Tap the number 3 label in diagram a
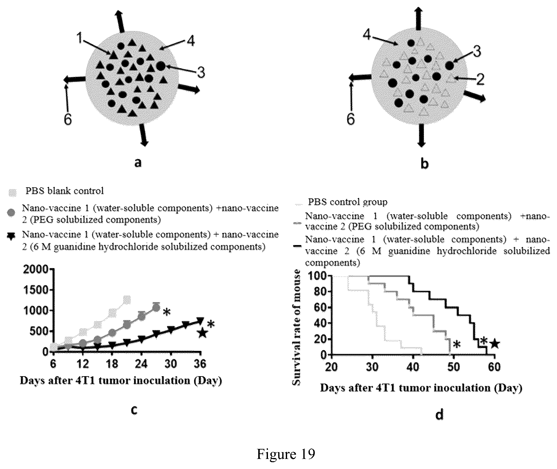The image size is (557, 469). pyautogui.click(x=201, y=72)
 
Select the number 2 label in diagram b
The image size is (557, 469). pyautogui.click(x=480, y=79)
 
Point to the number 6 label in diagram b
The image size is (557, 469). pyautogui.click(x=351, y=119)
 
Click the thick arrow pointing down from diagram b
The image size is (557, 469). pyautogui.click(x=422, y=135)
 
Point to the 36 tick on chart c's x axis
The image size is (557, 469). pyautogui.click(x=201, y=364)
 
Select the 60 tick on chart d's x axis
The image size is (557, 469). pyautogui.click(x=494, y=367)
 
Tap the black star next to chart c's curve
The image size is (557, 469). pyautogui.click(x=203, y=333)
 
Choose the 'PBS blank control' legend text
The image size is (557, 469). pyautogui.click(x=65, y=191)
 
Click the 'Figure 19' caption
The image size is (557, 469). pyautogui.click(x=286, y=454)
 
